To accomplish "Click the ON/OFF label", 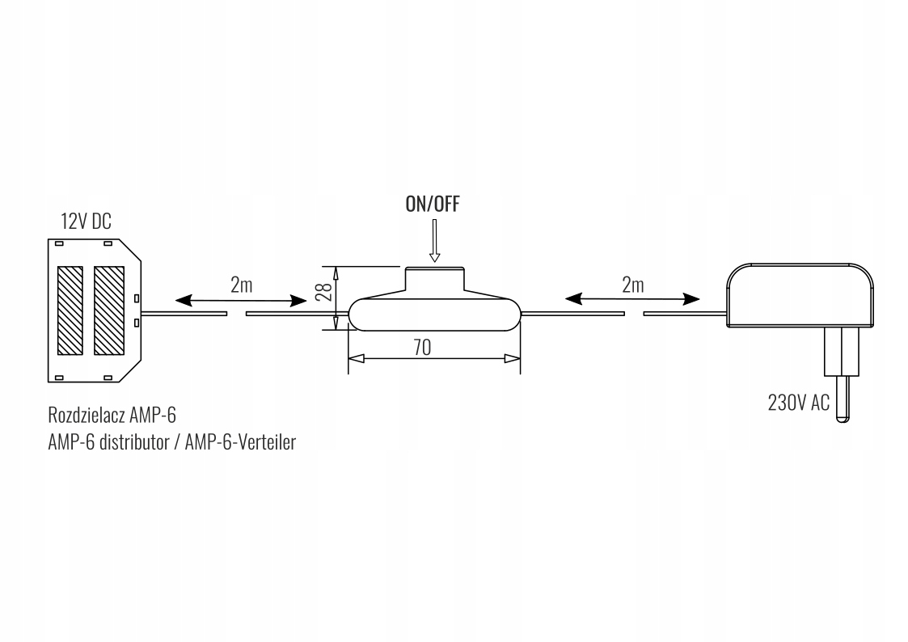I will click(x=433, y=205).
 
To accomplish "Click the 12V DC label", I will click(x=87, y=221).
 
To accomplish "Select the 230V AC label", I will click(x=799, y=402).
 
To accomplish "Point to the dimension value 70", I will click(x=421, y=347).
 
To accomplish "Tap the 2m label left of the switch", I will click(x=243, y=284).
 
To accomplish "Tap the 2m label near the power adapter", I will click(x=633, y=284).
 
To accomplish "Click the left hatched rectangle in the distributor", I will click(x=70, y=310).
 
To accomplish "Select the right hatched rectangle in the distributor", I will click(x=108, y=310).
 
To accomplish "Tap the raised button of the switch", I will click(x=435, y=279).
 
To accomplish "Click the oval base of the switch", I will click(x=435, y=314).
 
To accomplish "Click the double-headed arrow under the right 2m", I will click(x=632, y=298).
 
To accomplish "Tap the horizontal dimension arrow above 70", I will click(x=433, y=358).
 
